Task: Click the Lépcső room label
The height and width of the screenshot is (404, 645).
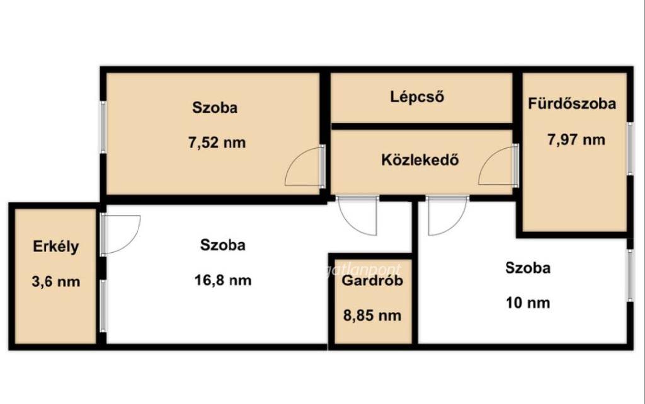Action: pos(417,96)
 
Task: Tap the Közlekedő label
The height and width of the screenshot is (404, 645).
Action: pos(420,159)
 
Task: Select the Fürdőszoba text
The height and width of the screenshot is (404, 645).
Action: pos(572,103)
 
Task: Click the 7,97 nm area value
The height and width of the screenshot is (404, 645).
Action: pos(576,139)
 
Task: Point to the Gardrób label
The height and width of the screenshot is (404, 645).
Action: pos(372,280)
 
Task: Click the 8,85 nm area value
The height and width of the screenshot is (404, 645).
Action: pos(372,316)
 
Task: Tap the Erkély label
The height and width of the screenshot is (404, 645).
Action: pos(55,247)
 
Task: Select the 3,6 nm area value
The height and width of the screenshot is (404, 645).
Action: pos(55,282)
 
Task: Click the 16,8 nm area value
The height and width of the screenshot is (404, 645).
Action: pos(222,280)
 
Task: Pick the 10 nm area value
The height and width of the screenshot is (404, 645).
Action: pos(528,303)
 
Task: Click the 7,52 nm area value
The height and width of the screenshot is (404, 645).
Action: pos(217,143)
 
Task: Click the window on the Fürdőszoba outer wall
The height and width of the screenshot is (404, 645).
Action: pos(630,149)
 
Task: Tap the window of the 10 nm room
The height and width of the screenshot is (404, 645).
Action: pos(630,275)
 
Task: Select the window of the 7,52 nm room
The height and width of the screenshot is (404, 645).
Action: pos(103,127)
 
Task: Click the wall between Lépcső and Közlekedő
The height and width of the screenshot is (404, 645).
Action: pos(422,126)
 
